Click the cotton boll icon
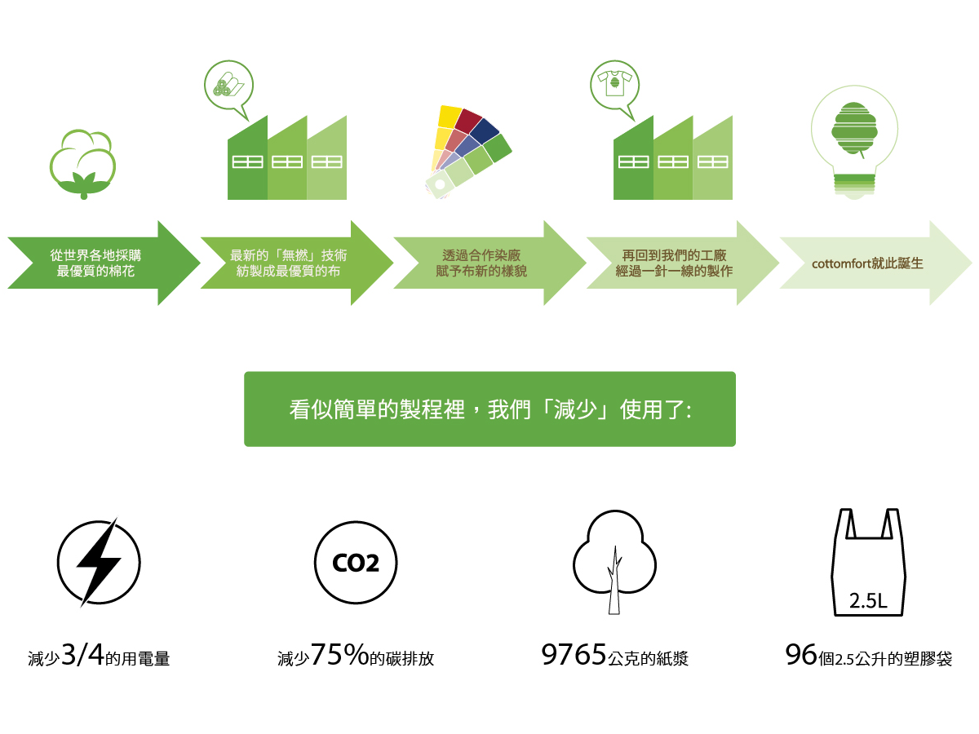(82, 163)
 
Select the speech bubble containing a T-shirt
(614, 86)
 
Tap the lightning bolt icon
(98, 562)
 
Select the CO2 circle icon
(356, 562)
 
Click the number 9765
(574, 654)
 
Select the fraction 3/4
(82, 655)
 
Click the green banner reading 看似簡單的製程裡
(489, 409)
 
